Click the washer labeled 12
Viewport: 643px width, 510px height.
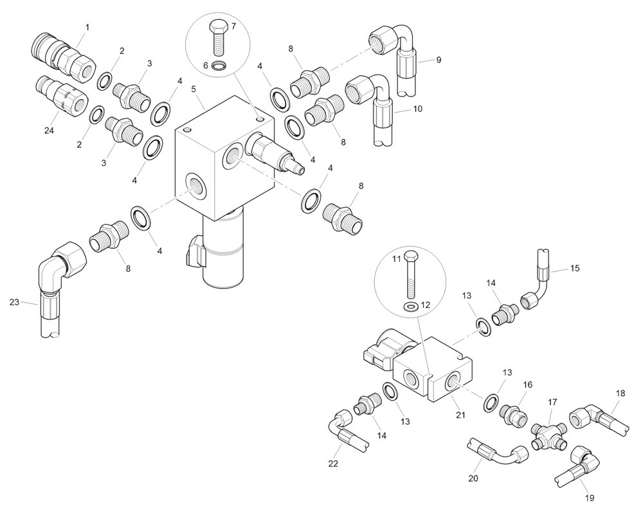point(409,305)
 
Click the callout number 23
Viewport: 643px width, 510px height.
point(15,302)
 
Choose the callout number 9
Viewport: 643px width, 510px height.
point(439,60)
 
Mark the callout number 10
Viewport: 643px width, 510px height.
point(417,109)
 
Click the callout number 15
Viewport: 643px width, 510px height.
point(575,268)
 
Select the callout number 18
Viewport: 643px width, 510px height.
point(620,393)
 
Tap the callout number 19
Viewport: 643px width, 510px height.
point(590,497)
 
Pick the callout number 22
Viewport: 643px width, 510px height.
point(333,463)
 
